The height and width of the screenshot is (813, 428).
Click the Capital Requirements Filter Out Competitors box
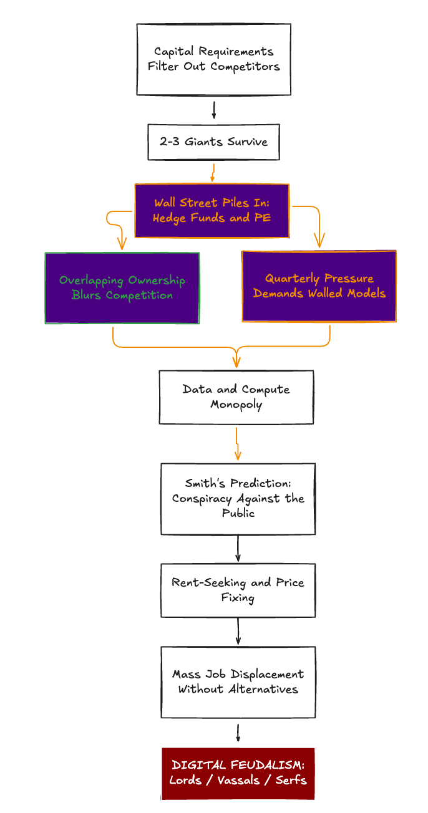point(213,59)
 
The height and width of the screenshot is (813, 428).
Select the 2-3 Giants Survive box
point(213,142)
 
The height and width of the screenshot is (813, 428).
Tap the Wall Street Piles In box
point(212,211)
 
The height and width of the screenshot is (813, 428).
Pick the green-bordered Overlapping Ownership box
point(122,288)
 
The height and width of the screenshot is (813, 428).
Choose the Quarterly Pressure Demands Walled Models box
point(319,286)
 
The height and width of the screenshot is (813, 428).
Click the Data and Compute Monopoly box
point(236,397)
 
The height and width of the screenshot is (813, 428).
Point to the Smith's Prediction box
point(238,498)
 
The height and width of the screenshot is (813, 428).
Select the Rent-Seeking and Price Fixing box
point(238,590)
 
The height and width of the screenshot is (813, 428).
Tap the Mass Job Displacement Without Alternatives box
point(238,682)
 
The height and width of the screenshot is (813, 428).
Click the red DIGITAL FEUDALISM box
point(238,773)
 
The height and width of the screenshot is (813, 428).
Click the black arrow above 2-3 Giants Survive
point(214,110)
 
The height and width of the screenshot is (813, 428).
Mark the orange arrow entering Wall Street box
point(213,171)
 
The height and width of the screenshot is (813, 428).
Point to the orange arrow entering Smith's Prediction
point(237,444)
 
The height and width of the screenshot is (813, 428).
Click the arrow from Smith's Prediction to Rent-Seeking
point(238,549)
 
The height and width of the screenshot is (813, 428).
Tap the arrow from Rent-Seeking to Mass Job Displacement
point(238,631)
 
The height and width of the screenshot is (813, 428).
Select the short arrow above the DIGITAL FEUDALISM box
point(238,733)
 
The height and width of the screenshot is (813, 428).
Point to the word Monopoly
point(236,405)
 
